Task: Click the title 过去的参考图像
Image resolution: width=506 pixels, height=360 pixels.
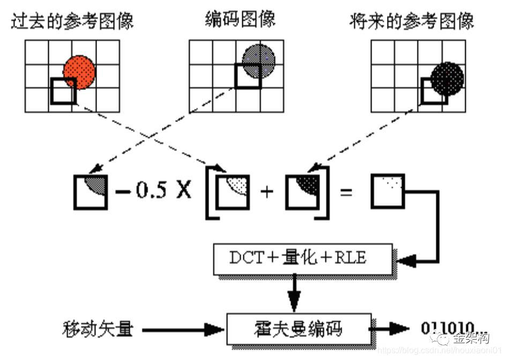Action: click(72, 21)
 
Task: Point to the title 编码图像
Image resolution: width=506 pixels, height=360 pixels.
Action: click(241, 19)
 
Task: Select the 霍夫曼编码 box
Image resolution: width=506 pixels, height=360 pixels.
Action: click(299, 328)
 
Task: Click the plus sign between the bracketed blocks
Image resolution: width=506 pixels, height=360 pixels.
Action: click(266, 191)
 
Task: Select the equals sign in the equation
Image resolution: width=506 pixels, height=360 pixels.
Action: click(346, 191)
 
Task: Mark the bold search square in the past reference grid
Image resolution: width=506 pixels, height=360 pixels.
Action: click(63, 92)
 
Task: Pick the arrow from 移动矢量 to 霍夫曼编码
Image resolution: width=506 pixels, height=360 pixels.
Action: click(182, 328)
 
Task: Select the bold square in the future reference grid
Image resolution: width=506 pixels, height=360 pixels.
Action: click(434, 91)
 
